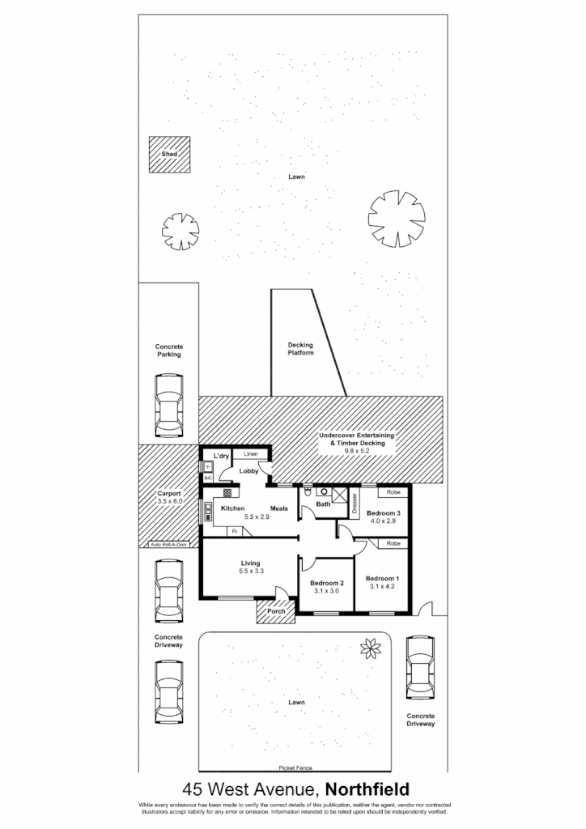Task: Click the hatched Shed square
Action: coord(170,154)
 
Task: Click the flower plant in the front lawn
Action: coord(372,647)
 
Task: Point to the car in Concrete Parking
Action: coord(168,405)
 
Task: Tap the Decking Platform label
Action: coord(300,349)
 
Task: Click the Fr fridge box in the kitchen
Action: coord(234,532)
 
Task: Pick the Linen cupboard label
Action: coord(250,455)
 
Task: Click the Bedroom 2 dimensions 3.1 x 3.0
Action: coord(326,592)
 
